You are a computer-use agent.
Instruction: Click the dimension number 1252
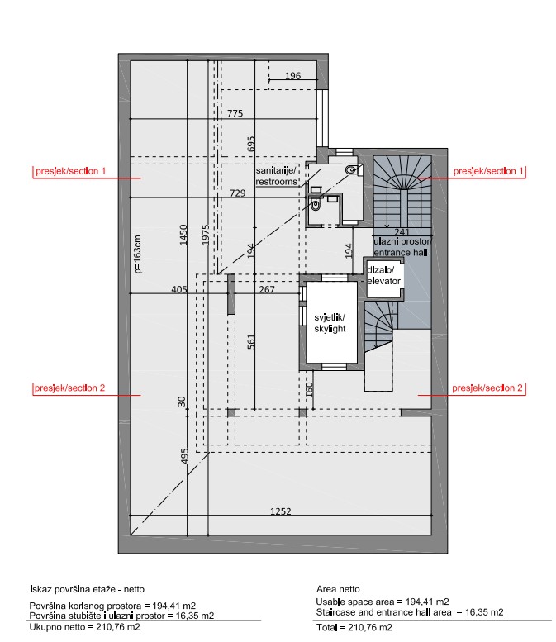coord(280,511)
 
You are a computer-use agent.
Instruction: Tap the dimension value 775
coord(235,113)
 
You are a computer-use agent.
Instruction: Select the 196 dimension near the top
coord(292,76)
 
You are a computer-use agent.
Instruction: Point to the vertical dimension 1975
coord(206,235)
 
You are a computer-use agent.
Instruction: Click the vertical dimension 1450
coord(183,235)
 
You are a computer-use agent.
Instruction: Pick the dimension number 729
coord(237,193)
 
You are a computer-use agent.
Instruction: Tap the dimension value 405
coord(179,289)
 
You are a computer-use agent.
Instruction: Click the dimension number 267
coord(267,289)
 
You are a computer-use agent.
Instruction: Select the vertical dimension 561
coord(251,341)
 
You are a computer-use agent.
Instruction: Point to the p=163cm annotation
coord(138,254)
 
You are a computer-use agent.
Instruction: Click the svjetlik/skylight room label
coord(330,323)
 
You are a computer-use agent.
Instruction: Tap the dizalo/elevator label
coord(383,275)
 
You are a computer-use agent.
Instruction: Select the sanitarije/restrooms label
coord(277,176)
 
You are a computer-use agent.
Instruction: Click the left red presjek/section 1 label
coord(70,171)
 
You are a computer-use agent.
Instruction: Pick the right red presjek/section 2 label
coord(487,388)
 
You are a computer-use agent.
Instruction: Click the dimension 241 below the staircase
coord(402,232)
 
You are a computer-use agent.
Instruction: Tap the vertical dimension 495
coord(184,456)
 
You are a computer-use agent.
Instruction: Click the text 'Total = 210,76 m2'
coord(354,627)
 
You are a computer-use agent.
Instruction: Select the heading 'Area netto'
coord(338,589)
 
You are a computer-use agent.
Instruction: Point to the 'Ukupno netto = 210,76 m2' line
coord(85,627)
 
